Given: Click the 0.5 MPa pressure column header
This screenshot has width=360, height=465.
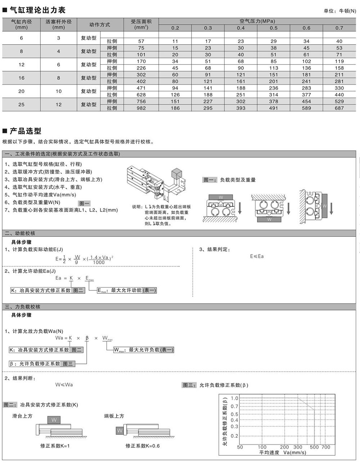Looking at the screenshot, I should (x=274, y=28).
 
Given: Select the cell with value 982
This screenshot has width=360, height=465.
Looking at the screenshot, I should (x=141, y=108).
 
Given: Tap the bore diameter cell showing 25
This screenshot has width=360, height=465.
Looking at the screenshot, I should (x=21, y=105).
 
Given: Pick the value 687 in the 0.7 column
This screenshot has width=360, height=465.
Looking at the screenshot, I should (x=339, y=108).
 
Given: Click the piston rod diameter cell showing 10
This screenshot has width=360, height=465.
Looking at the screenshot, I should (x=59, y=91).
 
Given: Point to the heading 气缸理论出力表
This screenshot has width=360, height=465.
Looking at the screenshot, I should (x=37, y=10).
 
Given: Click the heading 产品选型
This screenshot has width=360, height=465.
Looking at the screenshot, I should (x=25, y=131).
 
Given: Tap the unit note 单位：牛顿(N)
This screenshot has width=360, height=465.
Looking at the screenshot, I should (x=339, y=11).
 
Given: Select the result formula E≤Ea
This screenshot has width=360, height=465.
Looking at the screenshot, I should (x=257, y=256).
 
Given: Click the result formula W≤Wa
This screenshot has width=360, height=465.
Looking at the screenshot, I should (x=64, y=384).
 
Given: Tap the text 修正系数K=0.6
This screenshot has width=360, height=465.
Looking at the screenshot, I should (x=143, y=446).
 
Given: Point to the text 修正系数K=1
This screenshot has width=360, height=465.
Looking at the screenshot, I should (x=55, y=446).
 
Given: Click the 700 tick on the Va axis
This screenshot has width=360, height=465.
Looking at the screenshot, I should (x=325, y=447).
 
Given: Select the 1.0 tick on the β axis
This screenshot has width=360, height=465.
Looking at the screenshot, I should (x=234, y=398).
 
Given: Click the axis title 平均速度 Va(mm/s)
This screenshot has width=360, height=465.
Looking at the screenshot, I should (x=282, y=452).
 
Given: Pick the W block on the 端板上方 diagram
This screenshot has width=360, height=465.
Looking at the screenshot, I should (x=120, y=430).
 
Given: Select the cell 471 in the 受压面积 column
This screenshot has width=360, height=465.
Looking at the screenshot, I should (x=141, y=88).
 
